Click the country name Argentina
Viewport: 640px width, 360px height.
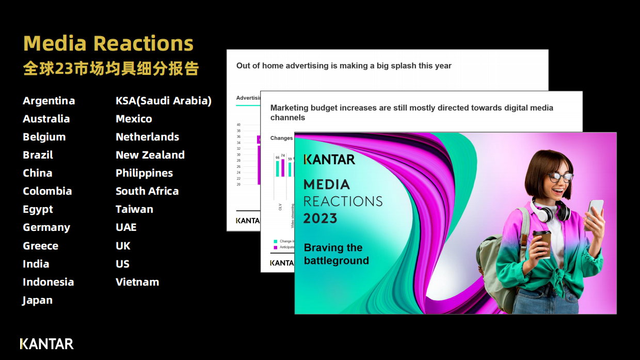coord(49,101)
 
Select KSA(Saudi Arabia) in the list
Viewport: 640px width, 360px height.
coord(164,101)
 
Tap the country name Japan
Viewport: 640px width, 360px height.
coord(38,300)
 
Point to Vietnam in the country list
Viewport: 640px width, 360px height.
coord(137,282)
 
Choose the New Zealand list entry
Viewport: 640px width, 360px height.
coord(150,155)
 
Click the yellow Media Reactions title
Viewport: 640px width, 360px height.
coord(108,43)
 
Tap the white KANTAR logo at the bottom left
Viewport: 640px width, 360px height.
coord(46,343)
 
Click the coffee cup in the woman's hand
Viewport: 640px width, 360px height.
coord(541,244)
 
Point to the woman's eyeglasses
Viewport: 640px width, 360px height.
coord(560,178)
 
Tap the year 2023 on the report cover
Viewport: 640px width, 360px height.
coord(320,218)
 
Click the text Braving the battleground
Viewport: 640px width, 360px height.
coord(336,254)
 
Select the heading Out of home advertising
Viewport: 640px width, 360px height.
coord(344,66)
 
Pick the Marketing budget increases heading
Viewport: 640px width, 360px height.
coord(411,113)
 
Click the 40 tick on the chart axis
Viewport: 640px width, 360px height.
coord(238,124)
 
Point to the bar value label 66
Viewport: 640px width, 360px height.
coord(277,158)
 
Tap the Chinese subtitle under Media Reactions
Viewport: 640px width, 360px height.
coord(111,69)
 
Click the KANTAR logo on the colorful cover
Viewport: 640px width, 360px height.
coord(329,159)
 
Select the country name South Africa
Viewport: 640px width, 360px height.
coord(147,191)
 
